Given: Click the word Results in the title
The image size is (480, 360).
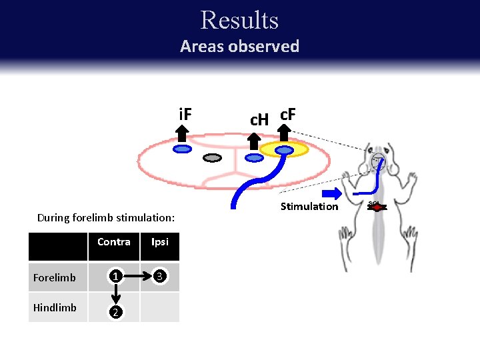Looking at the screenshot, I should tap(239, 20).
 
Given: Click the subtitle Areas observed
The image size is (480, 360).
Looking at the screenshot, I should tap(239, 47).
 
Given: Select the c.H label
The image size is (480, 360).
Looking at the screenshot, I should tap(259, 119).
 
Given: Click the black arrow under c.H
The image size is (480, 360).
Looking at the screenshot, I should tap(254, 140).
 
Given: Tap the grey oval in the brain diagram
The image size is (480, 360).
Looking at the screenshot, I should tap(212, 158).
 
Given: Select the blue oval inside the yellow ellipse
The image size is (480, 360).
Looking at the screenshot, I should tap(285, 150).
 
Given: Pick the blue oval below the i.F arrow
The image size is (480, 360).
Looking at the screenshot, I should tap(182, 149).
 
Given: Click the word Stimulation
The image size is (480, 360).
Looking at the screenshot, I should tap(309, 207).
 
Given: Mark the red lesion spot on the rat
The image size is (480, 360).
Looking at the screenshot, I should tap(377, 207).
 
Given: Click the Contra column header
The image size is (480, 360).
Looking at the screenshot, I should tap(114, 242).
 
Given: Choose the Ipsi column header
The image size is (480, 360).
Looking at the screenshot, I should tap(160, 242).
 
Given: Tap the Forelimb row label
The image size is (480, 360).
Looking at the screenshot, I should tap(55, 277).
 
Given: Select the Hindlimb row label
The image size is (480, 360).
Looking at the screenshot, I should tap(55, 307).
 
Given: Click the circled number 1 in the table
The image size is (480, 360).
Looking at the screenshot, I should tap(115, 275).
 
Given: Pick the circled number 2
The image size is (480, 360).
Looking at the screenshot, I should tap(115, 312).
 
